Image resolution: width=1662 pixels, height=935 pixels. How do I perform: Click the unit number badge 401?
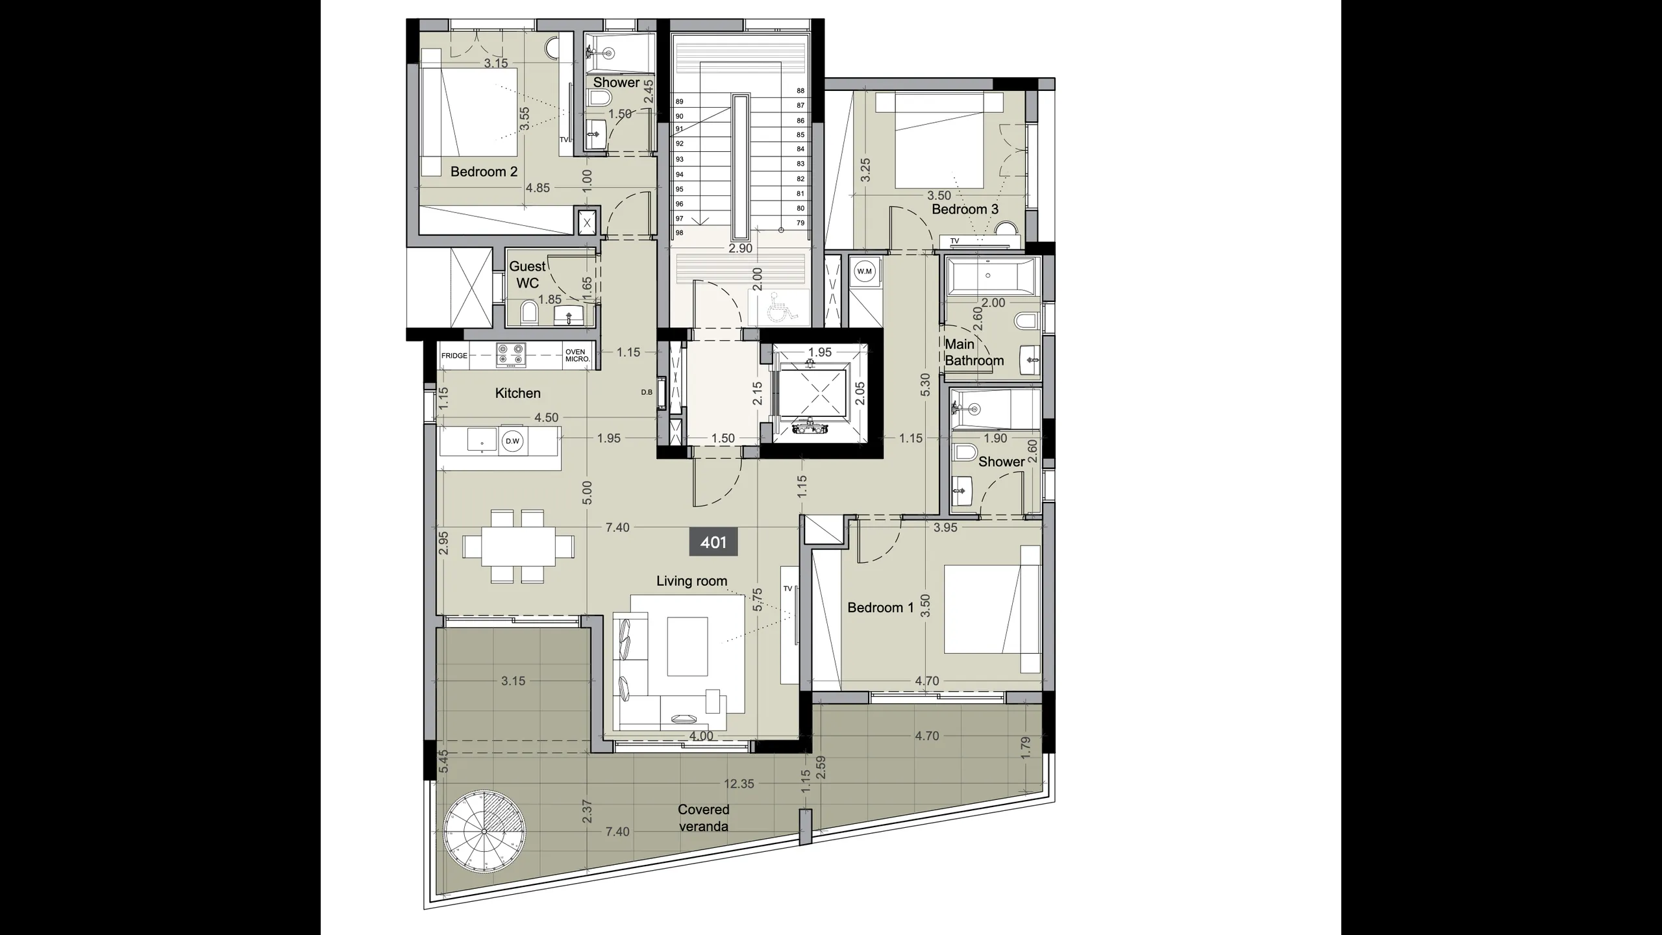(713, 542)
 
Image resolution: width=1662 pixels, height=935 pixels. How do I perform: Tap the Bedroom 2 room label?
(484, 172)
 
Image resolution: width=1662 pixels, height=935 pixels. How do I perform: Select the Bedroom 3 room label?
(965, 209)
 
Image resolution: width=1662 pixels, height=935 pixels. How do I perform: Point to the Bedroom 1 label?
(880, 608)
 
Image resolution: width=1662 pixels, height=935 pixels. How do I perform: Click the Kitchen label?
(517, 393)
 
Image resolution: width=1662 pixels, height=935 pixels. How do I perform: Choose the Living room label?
(691, 581)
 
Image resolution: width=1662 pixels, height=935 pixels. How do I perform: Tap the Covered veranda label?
(703, 818)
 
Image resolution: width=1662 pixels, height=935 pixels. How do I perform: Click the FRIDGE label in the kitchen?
(454, 356)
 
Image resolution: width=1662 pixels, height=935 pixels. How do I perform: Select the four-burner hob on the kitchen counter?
(511, 356)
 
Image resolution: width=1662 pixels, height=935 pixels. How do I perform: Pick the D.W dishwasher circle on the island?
(513, 442)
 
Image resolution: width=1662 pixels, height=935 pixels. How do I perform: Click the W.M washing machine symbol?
(864, 271)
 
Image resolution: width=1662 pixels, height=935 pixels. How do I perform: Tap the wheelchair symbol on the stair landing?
(776, 307)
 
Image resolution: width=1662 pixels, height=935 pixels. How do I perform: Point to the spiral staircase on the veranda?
(484, 832)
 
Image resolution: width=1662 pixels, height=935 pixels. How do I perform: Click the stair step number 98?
(679, 232)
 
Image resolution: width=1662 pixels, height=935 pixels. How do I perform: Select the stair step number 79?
(800, 223)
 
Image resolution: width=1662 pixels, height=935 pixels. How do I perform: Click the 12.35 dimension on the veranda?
(739, 784)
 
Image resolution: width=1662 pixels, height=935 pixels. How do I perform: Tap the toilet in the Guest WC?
(529, 312)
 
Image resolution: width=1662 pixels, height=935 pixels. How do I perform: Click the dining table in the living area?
(518, 546)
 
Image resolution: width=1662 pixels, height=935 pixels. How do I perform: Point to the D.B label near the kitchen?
(647, 392)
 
